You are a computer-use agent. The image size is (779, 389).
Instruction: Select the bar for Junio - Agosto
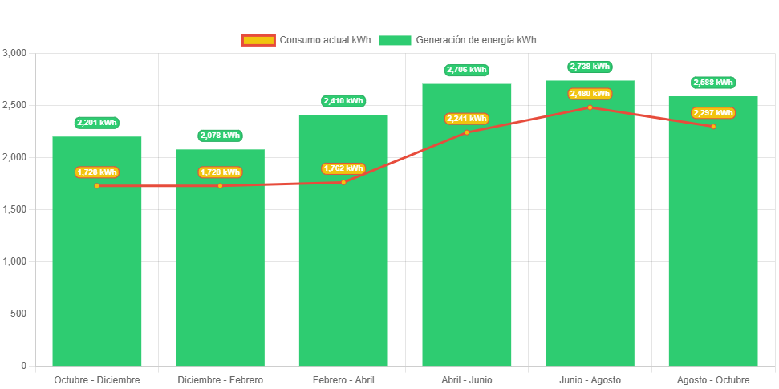click(590, 241)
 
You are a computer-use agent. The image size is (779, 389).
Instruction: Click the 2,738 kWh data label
click(590, 67)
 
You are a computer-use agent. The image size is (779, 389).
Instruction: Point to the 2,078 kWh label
click(220, 136)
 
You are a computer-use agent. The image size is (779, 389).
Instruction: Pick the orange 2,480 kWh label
click(590, 94)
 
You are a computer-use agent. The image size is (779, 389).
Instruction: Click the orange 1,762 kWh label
click(343, 168)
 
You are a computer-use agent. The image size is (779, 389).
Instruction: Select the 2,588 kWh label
click(713, 83)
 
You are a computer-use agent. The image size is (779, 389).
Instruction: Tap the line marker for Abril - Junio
click(467, 132)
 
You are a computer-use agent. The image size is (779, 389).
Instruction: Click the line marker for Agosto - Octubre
click(713, 127)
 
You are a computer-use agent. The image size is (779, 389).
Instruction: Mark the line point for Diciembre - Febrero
click(220, 186)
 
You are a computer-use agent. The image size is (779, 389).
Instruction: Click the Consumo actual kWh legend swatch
click(258, 40)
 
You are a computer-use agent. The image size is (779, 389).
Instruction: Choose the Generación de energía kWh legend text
click(477, 40)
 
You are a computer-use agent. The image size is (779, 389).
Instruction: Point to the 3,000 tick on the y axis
click(15, 53)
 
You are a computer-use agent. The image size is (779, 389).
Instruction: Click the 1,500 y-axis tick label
click(15, 209)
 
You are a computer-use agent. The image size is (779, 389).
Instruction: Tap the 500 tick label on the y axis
click(18, 314)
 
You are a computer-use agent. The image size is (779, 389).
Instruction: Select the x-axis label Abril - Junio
click(467, 379)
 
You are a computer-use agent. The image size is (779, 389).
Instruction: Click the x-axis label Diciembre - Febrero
click(220, 379)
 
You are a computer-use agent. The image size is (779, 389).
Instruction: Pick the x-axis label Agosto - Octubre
click(713, 379)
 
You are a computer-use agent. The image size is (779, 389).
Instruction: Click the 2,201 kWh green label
click(97, 123)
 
